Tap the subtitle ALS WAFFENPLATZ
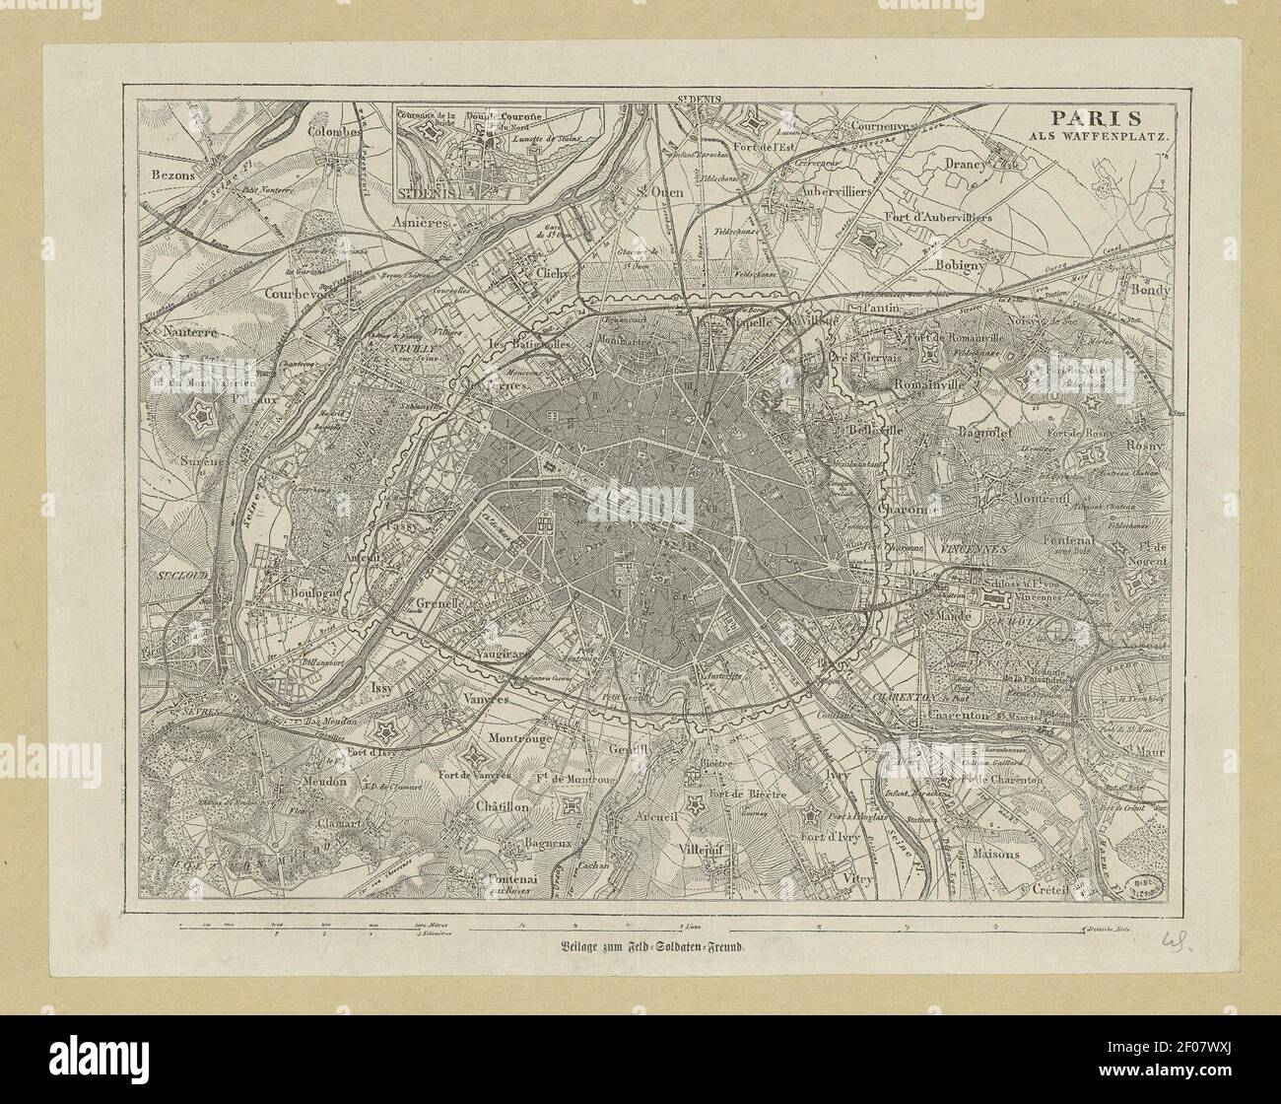[x=1093, y=136]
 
